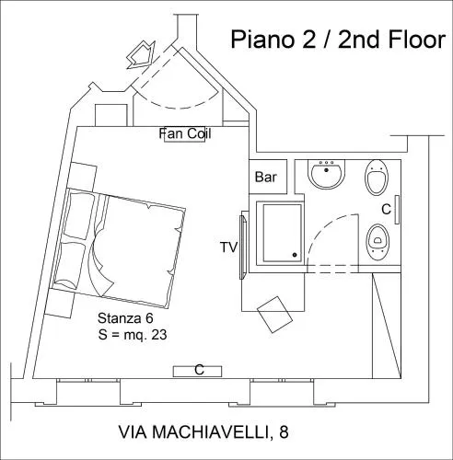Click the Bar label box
[x=268, y=177]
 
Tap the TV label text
[x=229, y=247]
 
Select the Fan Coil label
[x=185, y=133]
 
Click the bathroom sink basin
[x=326, y=174]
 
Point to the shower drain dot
[x=295, y=255]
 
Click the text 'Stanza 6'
[x=125, y=318]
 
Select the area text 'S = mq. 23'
[x=133, y=335]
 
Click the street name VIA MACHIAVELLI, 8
[x=203, y=432]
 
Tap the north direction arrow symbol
[x=141, y=55]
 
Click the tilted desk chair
[x=274, y=315]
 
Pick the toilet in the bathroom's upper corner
[x=377, y=178]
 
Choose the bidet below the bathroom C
[x=377, y=242]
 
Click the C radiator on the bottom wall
[x=197, y=372]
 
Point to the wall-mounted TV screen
[x=243, y=247]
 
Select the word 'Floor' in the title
[x=417, y=40]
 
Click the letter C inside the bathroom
[x=386, y=210]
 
